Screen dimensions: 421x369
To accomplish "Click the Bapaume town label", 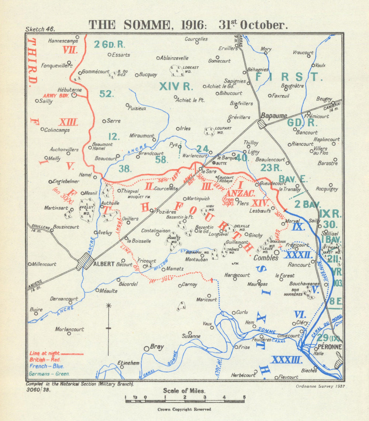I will (x=274, y=115).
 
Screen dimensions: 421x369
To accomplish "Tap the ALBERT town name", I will (x=104, y=264).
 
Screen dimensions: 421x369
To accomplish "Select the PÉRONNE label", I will (x=330, y=347).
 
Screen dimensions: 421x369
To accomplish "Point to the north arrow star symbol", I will (x=108, y=306).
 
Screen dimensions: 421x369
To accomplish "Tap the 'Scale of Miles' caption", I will (x=184, y=390).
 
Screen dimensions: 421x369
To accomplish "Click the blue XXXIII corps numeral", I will (x=286, y=360).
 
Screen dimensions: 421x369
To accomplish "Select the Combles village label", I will (x=266, y=258).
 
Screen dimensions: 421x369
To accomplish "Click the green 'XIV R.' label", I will (x=176, y=86).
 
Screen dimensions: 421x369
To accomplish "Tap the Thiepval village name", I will (x=130, y=191).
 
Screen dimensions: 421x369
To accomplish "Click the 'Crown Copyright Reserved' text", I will (x=184, y=409).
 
